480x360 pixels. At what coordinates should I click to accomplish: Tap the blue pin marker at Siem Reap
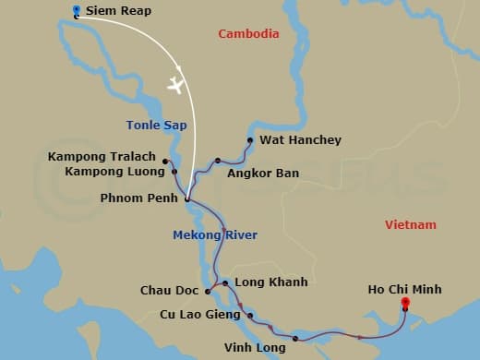(x=76, y=12)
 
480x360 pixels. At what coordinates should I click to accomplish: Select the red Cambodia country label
(x=248, y=34)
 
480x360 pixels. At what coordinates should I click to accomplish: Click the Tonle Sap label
(x=151, y=125)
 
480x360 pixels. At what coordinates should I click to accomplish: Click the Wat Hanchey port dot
(x=249, y=140)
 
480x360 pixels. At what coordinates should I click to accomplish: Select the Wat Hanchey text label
(x=300, y=140)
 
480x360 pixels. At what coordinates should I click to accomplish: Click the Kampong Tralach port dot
(x=165, y=158)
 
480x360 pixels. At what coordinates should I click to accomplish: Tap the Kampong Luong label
(x=115, y=172)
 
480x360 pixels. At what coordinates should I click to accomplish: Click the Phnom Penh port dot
(x=186, y=198)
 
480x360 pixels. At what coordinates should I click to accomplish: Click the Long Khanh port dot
(x=225, y=282)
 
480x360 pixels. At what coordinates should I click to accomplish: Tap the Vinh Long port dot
(x=295, y=339)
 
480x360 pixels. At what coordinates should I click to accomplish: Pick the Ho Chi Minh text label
(x=404, y=290)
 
